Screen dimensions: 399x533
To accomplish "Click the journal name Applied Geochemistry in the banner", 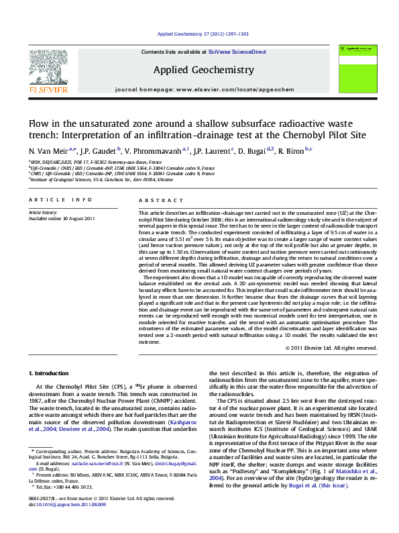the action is (x=204, y=70).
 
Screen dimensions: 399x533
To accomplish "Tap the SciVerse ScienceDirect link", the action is (x=237, y=52).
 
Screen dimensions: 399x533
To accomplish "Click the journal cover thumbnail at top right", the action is (x=356, y=66).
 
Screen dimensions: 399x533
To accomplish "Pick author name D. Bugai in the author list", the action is (x=253, y=151).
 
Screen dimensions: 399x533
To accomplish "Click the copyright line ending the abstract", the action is (x=331, y=348).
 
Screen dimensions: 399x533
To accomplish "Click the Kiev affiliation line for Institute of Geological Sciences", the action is (x=101, y=180).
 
